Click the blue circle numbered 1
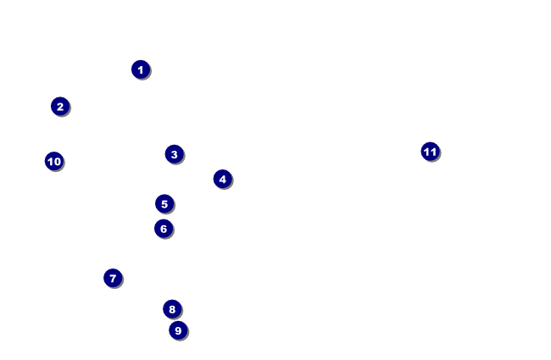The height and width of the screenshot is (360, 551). coord(141,69)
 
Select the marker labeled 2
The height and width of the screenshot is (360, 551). coord(59,107)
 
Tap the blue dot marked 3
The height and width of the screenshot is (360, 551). coord(174,154)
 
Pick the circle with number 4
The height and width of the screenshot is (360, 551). coord(222,179)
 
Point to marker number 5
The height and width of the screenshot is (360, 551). coord(164,204)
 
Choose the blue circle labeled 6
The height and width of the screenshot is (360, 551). coord(164,229)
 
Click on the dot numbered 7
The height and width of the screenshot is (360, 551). coord(113,278)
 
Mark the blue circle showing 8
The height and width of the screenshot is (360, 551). coord(172,309)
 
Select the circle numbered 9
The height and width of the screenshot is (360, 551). coord(177,330)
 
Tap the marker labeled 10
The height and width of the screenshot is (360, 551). coord(54,161)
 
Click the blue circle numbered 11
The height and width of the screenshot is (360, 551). coord(431,152)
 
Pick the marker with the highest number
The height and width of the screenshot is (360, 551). coord(431,152)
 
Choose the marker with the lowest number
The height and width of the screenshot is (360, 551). coord(141,69)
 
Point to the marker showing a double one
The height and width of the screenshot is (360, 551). coord(431,152)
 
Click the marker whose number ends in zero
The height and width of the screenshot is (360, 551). coord(54,161)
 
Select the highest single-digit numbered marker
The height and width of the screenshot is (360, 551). coord(177,330)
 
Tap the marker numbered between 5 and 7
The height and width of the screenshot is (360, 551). coord(164,229)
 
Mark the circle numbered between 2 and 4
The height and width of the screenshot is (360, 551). coord(174,154)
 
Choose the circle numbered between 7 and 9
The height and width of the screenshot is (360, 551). coord(172,309)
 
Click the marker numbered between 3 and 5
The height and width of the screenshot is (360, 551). coord(222,179)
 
